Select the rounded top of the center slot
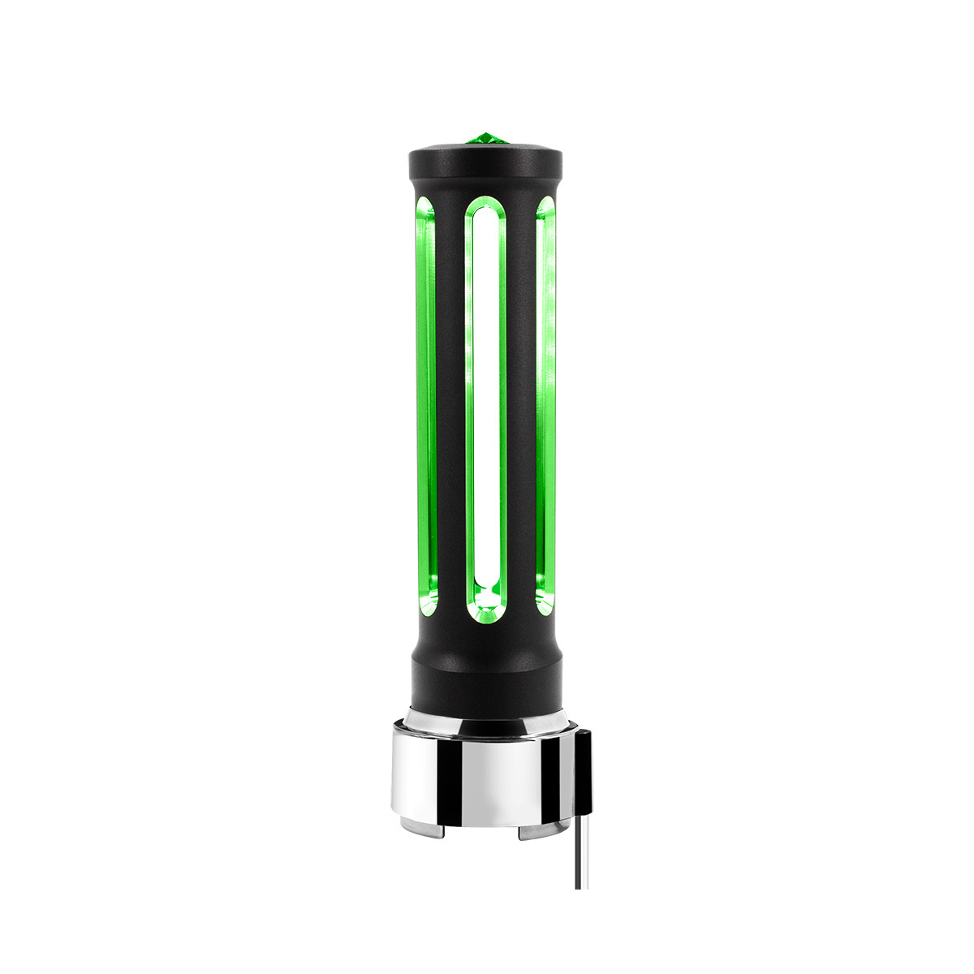[x=486, y=209]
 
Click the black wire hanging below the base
[x=579, y=860]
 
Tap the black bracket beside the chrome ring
[x=583, y=771]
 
